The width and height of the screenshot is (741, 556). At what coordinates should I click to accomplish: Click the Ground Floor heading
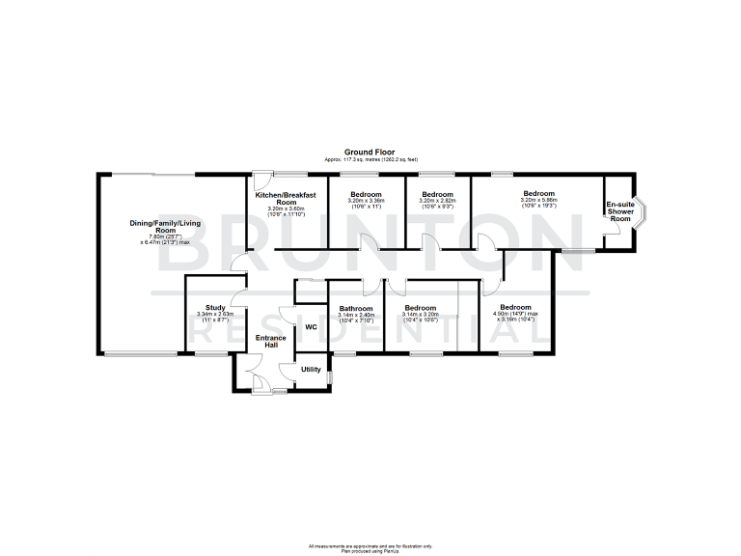click(371, 153)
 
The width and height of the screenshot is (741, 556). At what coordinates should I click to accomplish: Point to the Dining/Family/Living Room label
click(165, 228)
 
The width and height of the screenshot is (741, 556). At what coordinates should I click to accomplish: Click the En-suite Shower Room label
click(619, 211)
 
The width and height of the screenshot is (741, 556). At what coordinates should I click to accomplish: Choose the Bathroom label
click(355, 308)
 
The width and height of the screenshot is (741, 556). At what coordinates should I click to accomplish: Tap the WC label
click(311, 327)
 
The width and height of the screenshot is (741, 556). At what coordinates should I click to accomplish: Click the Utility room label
click(311, 370)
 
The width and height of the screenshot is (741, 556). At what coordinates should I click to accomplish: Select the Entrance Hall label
click(271, 342)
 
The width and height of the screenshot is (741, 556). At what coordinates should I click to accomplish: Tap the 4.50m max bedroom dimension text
click(516, 313)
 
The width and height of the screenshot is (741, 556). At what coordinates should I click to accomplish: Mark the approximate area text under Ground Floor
click(371, 159)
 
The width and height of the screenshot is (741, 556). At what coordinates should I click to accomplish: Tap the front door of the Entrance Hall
click(261, 386)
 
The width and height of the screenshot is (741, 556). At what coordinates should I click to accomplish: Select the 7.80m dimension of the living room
click(166, 235)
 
